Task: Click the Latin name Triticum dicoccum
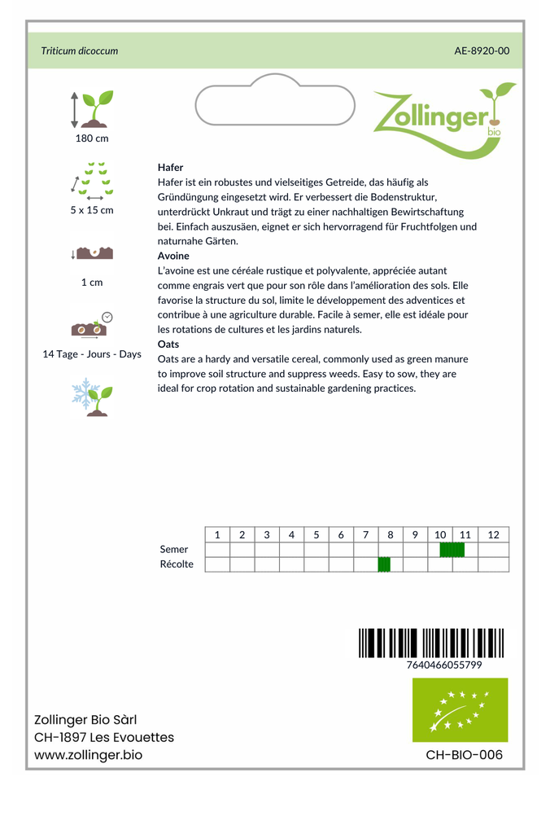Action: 80,50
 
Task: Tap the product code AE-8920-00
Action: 482,50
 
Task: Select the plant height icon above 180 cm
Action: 92,108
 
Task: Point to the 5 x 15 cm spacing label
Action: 92,210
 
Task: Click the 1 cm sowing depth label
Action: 92,283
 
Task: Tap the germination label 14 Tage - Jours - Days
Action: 92,354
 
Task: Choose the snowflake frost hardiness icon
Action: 92,396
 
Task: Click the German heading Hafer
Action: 171,167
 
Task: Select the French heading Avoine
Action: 173,256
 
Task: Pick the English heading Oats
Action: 168,345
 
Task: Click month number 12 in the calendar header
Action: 493,535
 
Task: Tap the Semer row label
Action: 174,550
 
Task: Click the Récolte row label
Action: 177,564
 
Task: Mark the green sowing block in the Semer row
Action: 452,550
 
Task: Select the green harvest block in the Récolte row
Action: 385,564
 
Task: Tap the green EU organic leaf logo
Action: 460,709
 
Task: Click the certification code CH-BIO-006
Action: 464,755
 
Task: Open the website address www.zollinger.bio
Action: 89,755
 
